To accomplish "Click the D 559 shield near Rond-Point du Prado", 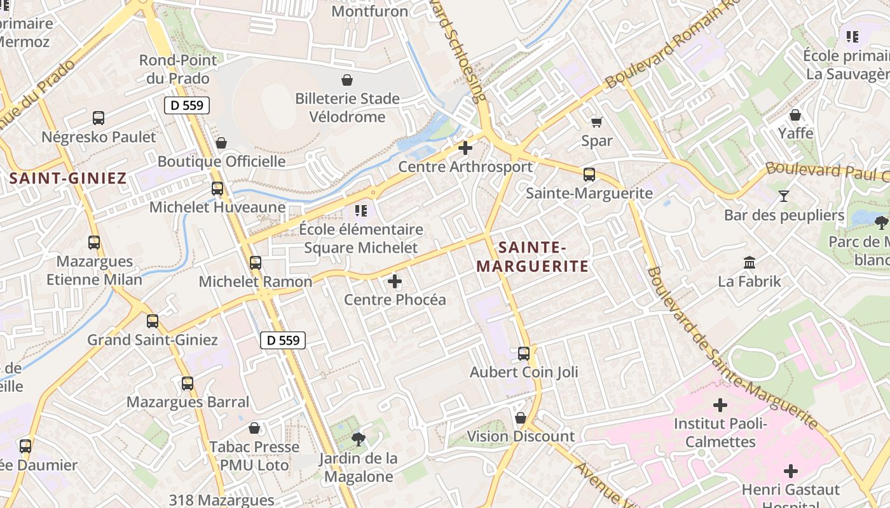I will (187, 105).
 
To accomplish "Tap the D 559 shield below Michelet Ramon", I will (283, 340).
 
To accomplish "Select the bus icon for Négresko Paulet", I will (99, 117).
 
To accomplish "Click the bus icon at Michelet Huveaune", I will (217, 188).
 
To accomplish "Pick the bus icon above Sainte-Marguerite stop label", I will (589, 174).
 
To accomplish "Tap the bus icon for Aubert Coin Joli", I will (524, 353).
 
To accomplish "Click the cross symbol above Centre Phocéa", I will (395, 281).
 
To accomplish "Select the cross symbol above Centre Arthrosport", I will (465, 148).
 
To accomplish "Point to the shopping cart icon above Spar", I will (596, 122).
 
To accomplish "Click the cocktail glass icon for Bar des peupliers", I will (784, 196).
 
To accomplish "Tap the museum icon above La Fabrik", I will (750, 262).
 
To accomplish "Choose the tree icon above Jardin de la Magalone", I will (359, 438).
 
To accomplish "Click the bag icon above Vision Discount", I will (521, 418).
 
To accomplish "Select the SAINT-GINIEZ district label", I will (68, 178).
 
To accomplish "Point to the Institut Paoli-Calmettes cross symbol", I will (720, 404).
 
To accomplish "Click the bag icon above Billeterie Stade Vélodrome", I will (347, 80).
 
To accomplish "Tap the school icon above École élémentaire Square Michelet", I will (361, 210).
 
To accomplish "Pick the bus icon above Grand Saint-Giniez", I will (153, 321).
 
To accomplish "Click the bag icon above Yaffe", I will (795, 115).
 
